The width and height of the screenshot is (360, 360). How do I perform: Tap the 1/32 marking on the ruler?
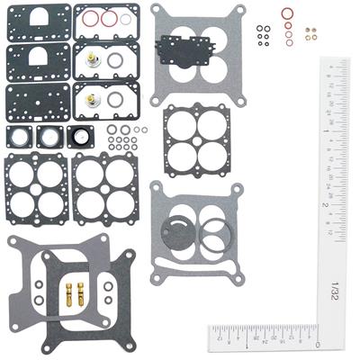335,290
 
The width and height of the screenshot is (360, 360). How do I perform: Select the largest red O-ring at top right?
286,14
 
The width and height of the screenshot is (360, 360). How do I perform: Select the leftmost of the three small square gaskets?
18,137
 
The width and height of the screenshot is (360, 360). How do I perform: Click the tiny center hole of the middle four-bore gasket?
194,139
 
